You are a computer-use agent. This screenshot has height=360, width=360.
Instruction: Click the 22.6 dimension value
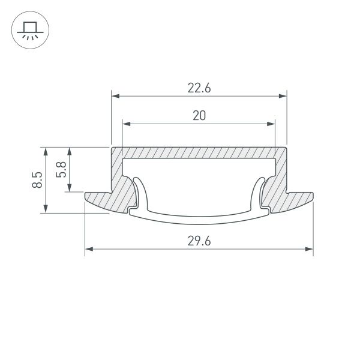point(199,88)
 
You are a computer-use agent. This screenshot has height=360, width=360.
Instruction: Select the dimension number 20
point(199,116)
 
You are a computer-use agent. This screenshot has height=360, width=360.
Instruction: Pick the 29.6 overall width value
point(199,241)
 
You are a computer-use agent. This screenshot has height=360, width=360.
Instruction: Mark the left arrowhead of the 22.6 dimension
point(115,95)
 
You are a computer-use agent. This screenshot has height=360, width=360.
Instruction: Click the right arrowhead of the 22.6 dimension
point(283,95)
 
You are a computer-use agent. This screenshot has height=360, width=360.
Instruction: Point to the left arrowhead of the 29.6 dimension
point(89,249)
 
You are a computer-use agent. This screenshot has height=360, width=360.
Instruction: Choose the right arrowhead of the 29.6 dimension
point(310,249)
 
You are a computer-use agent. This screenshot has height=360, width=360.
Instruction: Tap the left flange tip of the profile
point(87,196)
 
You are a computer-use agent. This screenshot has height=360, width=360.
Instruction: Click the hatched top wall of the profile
point(199,152)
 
